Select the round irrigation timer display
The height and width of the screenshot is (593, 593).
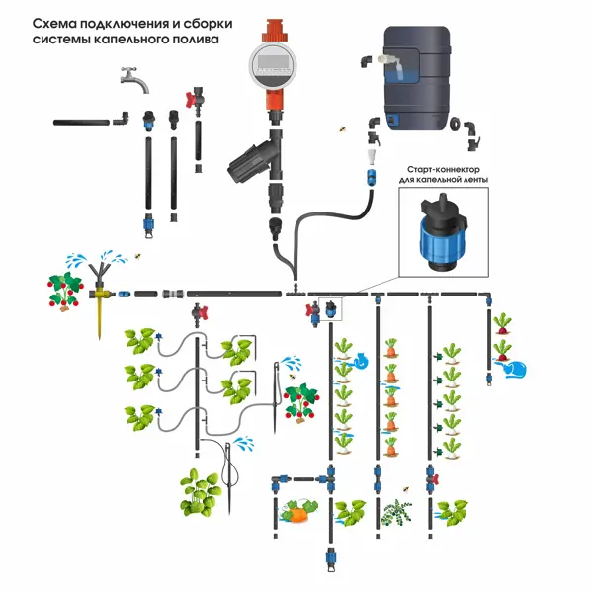pos(273,66)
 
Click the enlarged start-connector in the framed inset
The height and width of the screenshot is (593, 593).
pos(438,233)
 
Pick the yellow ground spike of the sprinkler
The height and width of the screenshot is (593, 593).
pos(99,316)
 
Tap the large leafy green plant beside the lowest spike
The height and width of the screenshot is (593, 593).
pos(203,491)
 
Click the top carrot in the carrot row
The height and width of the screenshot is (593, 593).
pos(391,348)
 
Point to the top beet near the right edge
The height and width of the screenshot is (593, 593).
pos(503,324)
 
